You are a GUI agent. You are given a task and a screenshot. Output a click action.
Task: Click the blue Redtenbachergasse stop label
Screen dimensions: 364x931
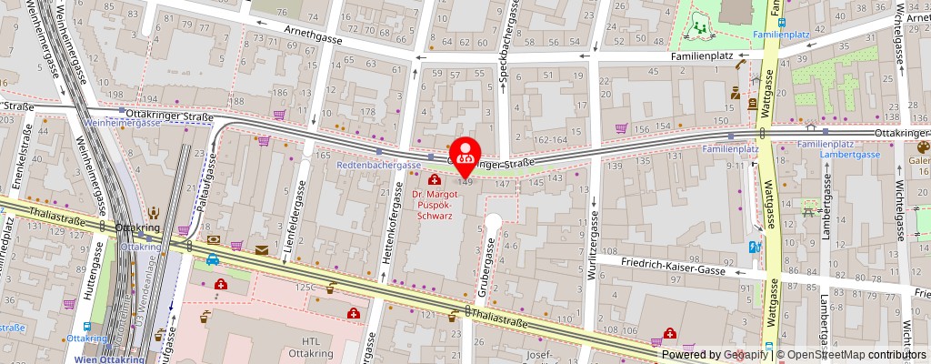[378, 165]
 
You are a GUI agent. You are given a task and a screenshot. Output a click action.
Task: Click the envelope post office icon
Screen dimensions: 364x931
[263, 249]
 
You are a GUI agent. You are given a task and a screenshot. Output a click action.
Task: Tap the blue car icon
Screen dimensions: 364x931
[212, 259]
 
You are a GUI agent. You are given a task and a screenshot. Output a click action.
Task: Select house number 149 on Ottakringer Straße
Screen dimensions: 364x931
[465, 183]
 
